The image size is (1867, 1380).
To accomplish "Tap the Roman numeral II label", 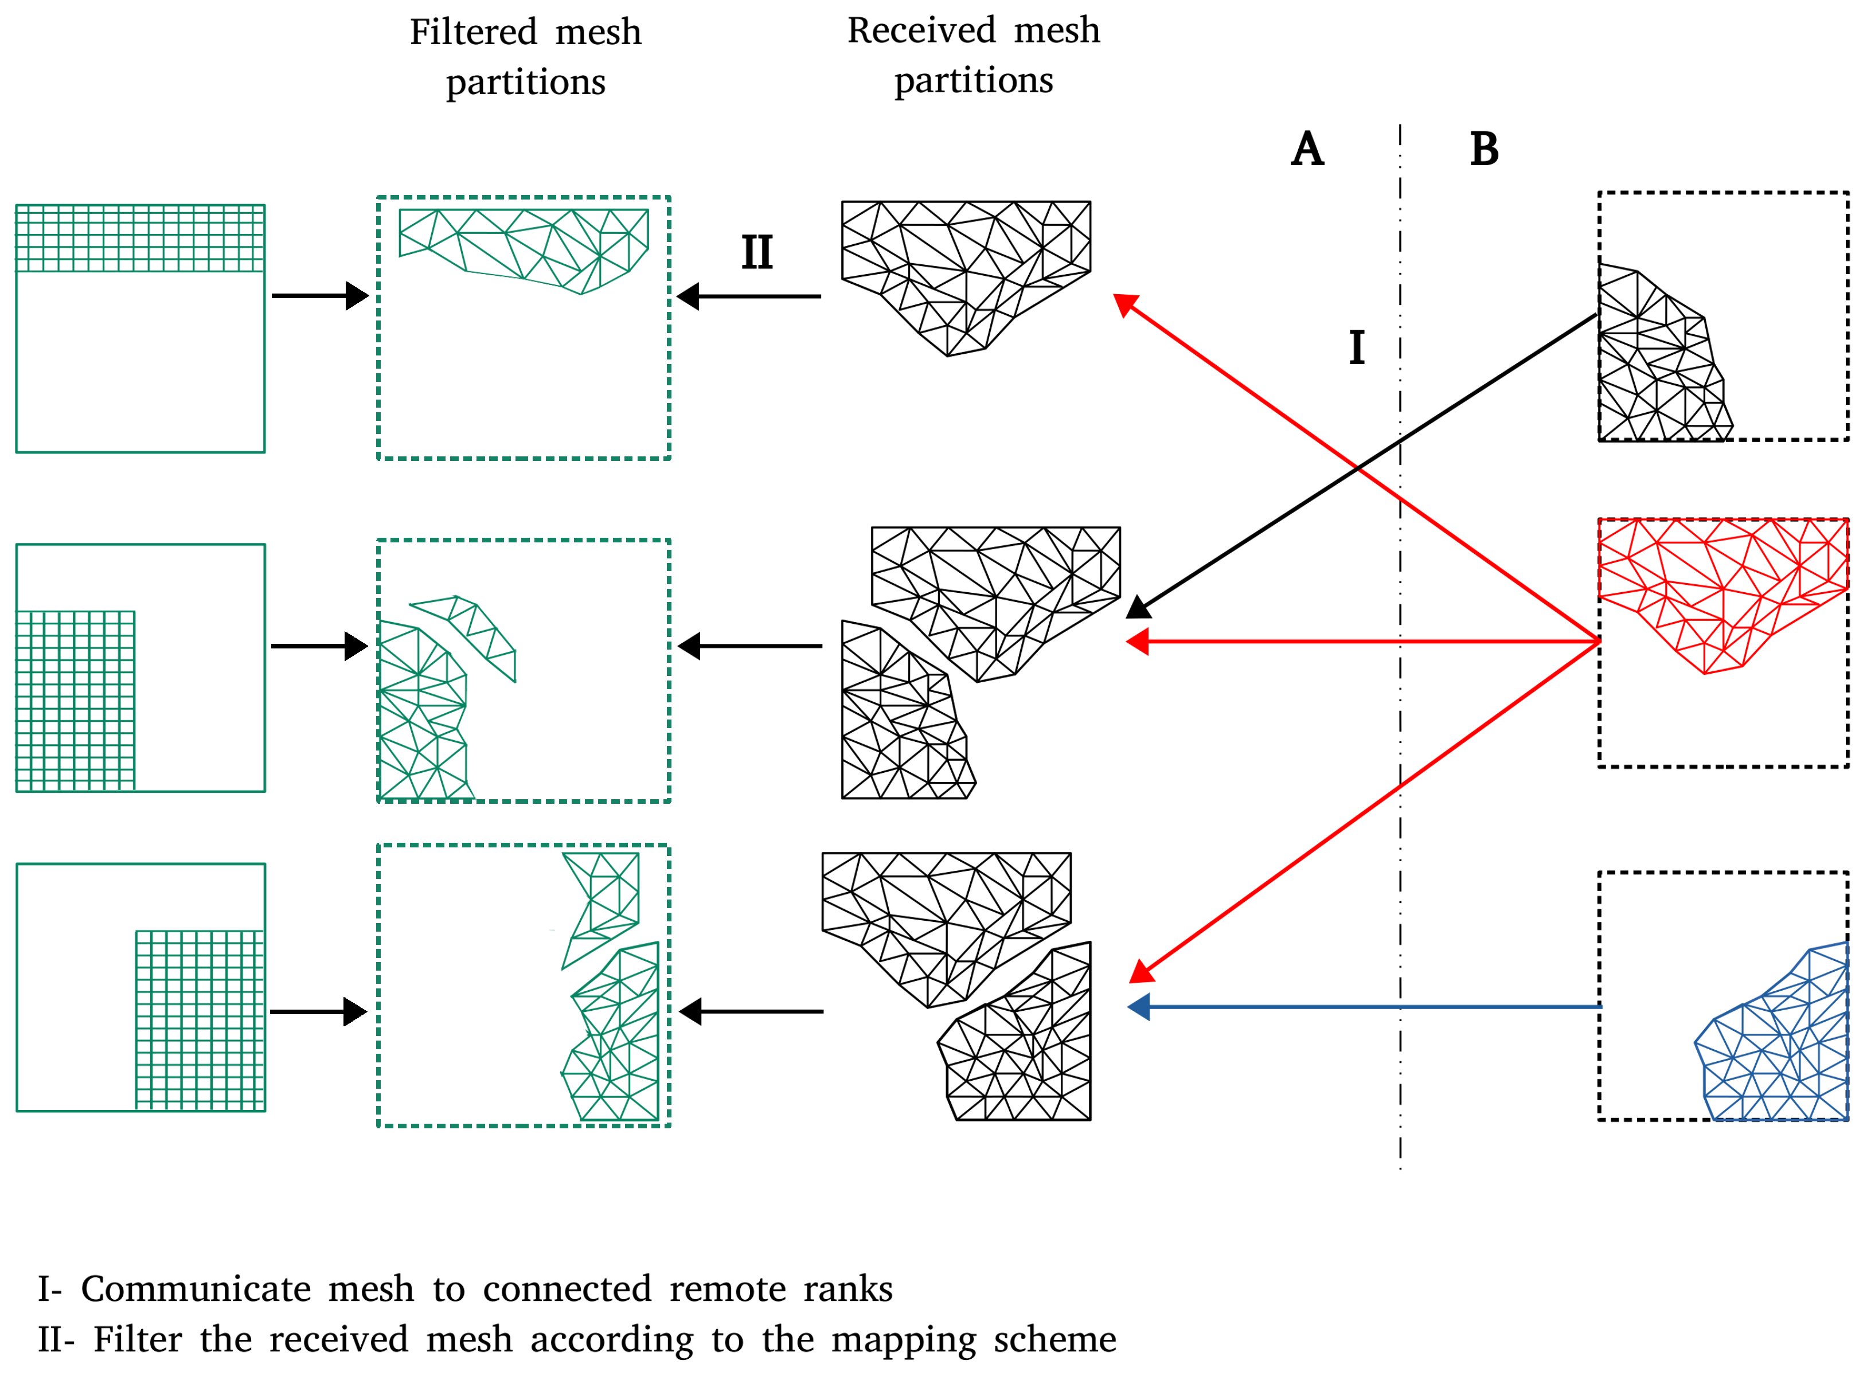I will click(757, 252).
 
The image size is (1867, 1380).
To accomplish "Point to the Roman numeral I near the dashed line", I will click(1357, 347).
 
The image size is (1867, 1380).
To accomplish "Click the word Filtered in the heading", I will click(473, 33).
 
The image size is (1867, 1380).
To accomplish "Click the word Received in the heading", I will click(921, 31).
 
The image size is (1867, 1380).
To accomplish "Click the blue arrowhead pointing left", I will click(1139, 1007).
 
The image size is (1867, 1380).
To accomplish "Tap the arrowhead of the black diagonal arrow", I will click(1138, 607).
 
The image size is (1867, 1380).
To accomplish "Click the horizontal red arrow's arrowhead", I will click(1138, 642).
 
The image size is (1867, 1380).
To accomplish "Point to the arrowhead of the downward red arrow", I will click(1141, 972).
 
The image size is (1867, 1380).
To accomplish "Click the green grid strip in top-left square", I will click(140, 238).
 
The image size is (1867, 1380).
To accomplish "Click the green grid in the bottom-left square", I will click(201, 1020).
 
